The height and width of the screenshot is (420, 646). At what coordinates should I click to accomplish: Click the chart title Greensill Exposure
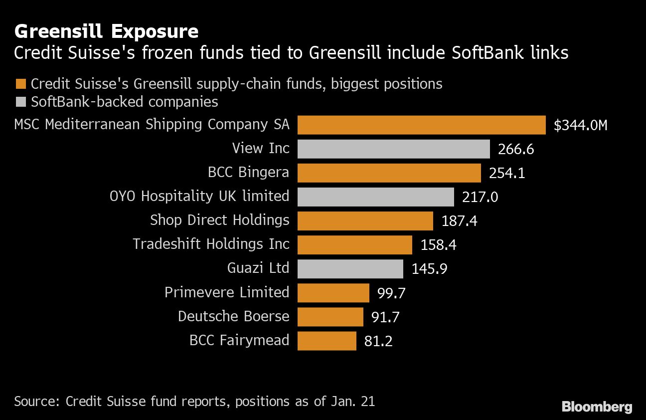[x=106, y=32]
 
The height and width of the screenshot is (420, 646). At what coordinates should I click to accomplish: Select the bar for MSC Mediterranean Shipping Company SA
[x=421, y=125]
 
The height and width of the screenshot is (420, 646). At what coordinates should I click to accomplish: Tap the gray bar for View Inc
[x=393, y=149]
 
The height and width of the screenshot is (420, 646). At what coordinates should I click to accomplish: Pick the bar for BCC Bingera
[x=389, y=173]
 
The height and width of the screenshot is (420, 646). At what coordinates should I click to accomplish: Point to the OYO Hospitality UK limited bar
[x=375, y=197]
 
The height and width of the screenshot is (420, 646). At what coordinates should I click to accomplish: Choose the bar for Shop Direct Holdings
[x=365, y=220]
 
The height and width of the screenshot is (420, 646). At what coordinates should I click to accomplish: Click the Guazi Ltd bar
[x=350, y=269]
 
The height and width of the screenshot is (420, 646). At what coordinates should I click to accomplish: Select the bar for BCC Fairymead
[x=326, y=341]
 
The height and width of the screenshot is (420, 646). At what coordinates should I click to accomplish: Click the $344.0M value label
[x=580, y=125]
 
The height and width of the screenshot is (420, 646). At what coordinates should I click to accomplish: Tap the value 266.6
[x=516, y=149]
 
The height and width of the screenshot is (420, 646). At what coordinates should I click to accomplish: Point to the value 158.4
[x=439, y=245]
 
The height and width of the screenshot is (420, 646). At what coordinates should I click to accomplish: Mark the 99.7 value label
[x=391, y=293]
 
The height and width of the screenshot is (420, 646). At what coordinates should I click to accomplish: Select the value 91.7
[x=385, y=317]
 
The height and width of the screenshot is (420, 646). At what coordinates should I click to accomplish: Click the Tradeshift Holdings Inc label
[x=211, y=244]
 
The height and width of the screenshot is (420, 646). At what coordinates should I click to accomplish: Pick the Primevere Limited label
[x=227, y=292]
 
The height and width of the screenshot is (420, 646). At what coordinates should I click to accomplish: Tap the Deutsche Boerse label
[x=233, y=316]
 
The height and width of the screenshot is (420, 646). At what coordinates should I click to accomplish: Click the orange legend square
[x=20, y=83]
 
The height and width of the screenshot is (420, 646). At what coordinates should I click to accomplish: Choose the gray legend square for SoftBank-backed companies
[x=20, y=102]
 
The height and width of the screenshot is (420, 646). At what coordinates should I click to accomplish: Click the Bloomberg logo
[x=597, y=407]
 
